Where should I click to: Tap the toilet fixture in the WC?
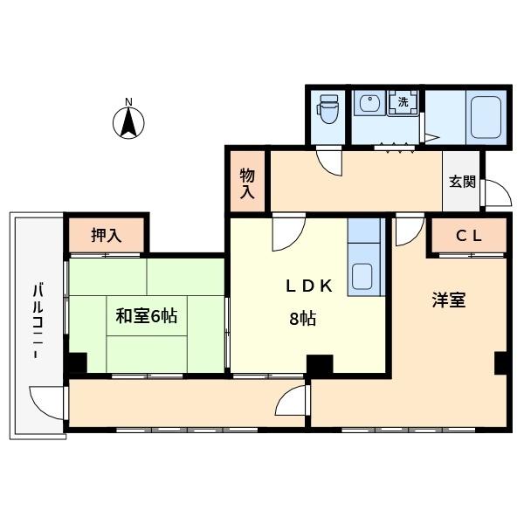point(327,110)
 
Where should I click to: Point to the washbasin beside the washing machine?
point(368,106)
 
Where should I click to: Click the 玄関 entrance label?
point(462,183)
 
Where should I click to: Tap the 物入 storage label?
point(247,183)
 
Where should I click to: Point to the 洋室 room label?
point(448,300)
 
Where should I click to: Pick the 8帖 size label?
point(302,319)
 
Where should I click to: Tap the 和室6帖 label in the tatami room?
point(146,316)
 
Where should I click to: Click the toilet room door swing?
point(329,161)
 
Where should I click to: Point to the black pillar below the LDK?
point(320,363)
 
